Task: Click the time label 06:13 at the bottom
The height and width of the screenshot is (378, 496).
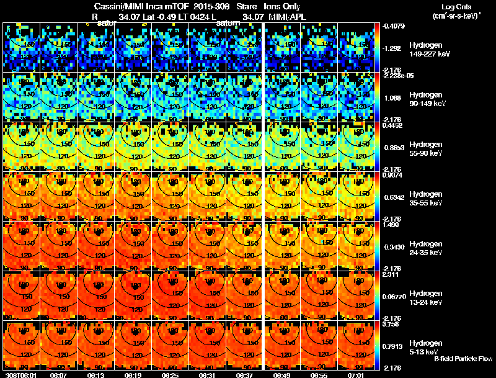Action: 97,375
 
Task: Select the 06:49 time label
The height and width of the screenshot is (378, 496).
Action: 283,375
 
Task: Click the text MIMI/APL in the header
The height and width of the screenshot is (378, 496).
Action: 283,17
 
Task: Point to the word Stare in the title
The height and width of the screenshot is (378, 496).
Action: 247,7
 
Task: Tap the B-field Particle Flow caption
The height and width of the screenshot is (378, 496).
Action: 463,359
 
